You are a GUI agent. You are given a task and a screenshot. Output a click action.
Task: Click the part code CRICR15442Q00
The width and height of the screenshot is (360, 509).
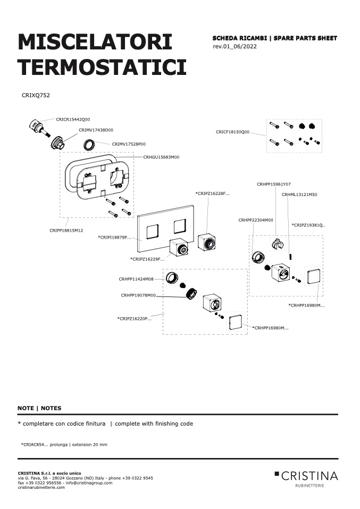coord(73,120)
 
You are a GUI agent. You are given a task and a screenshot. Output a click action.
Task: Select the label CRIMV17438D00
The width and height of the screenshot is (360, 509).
coord(96,130)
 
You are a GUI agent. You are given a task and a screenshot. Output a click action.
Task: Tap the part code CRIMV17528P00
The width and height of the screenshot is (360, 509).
coord(129,144)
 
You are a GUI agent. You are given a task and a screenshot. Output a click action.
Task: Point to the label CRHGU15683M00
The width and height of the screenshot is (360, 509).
coord(161,157)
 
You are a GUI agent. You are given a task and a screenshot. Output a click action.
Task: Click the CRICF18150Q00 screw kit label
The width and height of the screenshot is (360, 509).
coord(232,132)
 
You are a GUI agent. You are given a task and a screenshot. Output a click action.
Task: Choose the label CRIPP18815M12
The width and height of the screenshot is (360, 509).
coord(66,231)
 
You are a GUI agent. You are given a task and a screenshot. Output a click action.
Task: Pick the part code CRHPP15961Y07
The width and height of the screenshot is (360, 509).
coord(273,184)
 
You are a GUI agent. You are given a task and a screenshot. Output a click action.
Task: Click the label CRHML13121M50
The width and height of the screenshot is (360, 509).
coord(299,195)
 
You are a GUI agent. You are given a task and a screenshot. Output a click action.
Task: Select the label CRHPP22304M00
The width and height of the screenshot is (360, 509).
coord(256,220)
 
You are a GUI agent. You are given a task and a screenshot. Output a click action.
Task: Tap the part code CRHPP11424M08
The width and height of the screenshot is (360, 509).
coord(136,279)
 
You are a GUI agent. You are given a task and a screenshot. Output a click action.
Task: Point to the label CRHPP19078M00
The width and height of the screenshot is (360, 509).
coord(138,295)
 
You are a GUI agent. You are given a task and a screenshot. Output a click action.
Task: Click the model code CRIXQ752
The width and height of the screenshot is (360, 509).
coord(36,96)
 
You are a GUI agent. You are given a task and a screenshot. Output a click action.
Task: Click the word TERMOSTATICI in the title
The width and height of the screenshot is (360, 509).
coord(102,67)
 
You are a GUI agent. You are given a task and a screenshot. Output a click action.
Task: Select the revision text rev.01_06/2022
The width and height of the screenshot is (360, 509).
coord(235,46)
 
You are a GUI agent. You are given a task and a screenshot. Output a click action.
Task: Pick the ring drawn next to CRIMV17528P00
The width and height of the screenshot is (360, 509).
coord(90,144)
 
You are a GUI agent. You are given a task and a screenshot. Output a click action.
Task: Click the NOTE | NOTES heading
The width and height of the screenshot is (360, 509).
coord(39,409)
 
